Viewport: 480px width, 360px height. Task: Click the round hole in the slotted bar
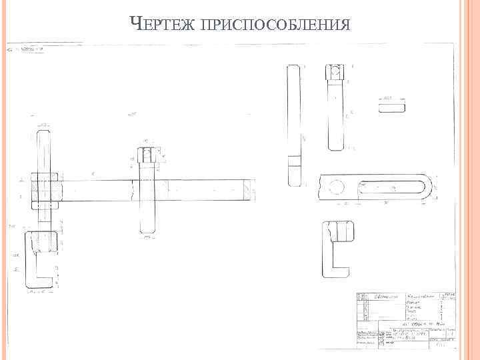pos(336,187)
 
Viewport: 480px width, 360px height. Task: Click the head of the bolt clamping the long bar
pos(146,155)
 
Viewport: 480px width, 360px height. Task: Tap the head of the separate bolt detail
pos(335,72)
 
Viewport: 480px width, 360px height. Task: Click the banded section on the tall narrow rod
pos(294,161)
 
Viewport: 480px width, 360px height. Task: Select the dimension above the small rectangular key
pos(391,95)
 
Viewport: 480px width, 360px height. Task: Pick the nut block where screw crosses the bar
pos(45,189)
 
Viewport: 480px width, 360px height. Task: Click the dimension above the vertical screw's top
pos(43,123)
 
